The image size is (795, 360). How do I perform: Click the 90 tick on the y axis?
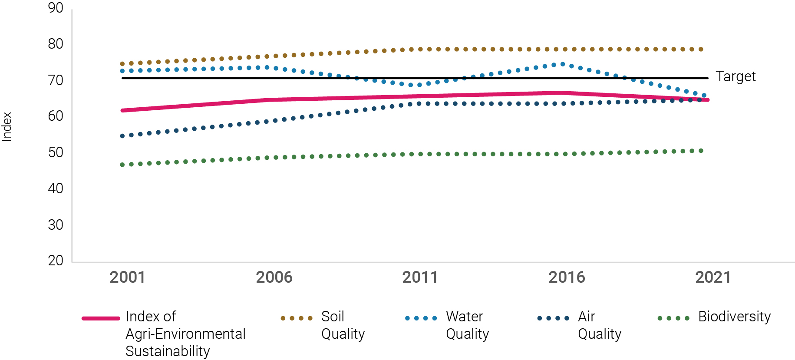pos(56,8)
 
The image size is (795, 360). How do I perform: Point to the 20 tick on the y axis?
pos(56,261)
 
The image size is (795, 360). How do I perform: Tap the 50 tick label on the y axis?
pos(56,152)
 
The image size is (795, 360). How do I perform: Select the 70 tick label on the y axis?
pos(56,80)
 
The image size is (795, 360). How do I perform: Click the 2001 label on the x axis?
pos(127,277)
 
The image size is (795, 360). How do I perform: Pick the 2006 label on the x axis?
pos(274,277)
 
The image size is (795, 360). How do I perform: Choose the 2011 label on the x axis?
pos(420,277)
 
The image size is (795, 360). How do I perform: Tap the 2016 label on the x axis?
pos(567,277)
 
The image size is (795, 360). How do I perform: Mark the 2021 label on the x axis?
pos(713,277)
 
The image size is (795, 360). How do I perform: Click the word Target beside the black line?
pos(736,76)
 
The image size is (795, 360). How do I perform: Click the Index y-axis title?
pos(7,126)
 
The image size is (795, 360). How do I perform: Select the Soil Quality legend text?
pos(343,325)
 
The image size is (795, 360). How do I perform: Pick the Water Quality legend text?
pos(467,325)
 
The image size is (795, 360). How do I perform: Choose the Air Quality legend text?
pos(599,325)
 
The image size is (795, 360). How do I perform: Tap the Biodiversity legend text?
pos(734,317)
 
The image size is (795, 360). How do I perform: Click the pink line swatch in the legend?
pos(101,318)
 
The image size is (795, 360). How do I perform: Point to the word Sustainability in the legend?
pos(168,351)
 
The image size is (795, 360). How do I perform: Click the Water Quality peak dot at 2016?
pos(563,64)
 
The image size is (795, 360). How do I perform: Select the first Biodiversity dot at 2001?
pos(122,165)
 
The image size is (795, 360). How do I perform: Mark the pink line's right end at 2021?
pos(708,100)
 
